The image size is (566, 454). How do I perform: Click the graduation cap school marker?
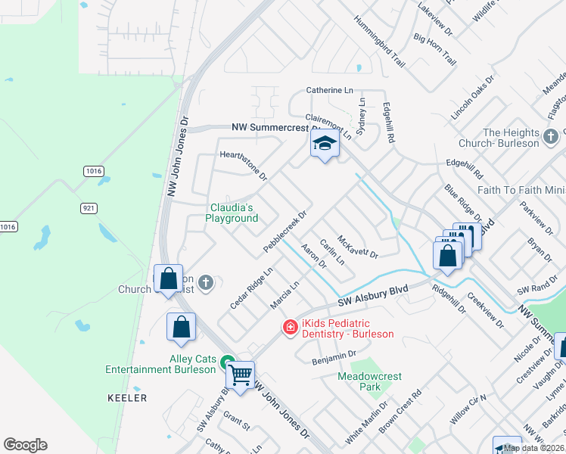[325, 144]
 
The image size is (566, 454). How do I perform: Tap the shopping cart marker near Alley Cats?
[241, 374]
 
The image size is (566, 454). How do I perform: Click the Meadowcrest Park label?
[369, 381]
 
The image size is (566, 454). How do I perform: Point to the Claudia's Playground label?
[232, 213]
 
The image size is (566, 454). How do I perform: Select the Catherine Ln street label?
[329, 90]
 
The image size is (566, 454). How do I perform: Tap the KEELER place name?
[128, 397]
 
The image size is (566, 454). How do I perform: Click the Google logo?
[25, 445]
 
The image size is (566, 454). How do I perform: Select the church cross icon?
[206, 283]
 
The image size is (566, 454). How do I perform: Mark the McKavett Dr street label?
[357, 247]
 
